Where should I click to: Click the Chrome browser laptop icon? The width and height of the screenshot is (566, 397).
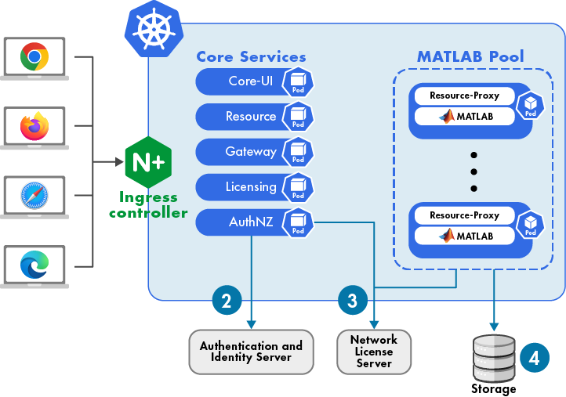pyautogui.click(x=35, y=58)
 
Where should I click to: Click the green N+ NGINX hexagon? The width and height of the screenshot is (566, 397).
pyautogui.click(x=148, y=162)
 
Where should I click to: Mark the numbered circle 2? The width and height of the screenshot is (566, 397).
pyautogui.click(x=227, y=300)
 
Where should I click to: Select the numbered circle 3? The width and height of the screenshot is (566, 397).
pyautogui.click(x=352, y=299)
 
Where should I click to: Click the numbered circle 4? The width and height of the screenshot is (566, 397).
pyautogui.click(x=534, y=357)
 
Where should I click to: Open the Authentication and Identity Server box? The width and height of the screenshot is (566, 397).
pyautogui.click(x=251, y=352)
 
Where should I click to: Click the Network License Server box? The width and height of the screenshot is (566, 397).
pyautogui.click(x=374, y=352)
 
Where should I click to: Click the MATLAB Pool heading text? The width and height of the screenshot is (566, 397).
pyautogui.click(x=470, y=57)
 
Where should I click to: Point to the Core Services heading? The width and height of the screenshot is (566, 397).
pyautogui.click(x=251, y=57)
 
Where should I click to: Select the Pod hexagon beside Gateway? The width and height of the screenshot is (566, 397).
pyautogui.click(x=298, y=152)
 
